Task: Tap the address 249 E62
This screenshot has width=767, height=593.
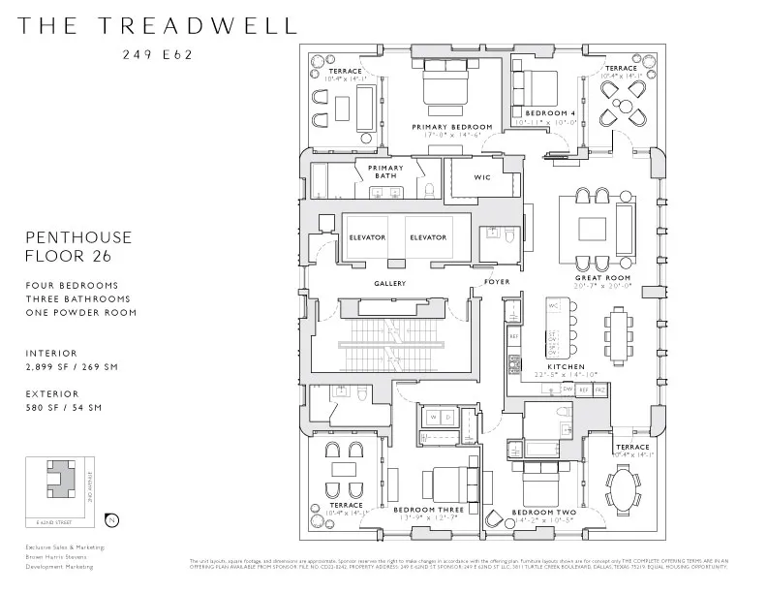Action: [157, 54]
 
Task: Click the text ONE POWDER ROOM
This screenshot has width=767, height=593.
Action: [81, 313]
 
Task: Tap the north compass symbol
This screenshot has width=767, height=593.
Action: [113, 521]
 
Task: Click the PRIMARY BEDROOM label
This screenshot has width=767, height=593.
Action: [452, 127]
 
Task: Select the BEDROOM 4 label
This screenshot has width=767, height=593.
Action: [544, 113]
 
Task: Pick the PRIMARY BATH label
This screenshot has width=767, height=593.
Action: [384, 172]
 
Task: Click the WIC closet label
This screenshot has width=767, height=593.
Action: [481, 178]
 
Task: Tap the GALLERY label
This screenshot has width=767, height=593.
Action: [389, 284]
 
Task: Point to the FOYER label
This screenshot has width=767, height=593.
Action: [497, 284]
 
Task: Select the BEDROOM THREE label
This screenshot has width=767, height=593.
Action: [428, 509]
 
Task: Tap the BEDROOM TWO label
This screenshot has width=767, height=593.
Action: [537, 512]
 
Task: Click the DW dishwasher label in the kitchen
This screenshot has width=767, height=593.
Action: [568, 389]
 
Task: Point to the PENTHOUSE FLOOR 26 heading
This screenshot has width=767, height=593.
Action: [78, 246]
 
